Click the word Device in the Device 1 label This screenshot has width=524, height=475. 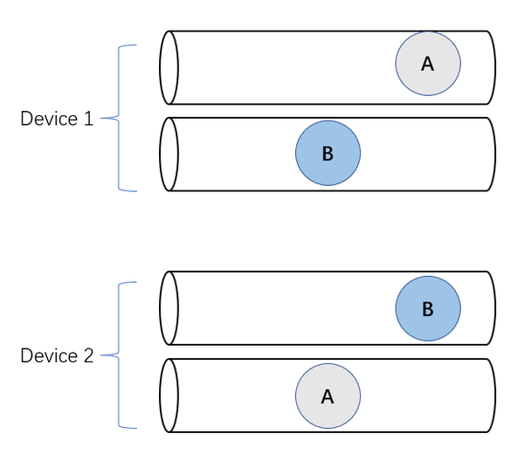point(49,119)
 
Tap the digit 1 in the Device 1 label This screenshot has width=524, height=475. point(88,119)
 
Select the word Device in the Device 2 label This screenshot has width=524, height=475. point(49,355)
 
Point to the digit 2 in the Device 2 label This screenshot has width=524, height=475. point(88,355)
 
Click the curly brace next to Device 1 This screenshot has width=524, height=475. point(120,119)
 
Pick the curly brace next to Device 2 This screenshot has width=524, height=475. point(120,355)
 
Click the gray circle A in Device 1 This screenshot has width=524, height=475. point(428,64)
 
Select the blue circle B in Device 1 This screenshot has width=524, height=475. point(327,154)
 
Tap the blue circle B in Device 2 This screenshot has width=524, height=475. point(428,308)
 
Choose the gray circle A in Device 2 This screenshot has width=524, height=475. point(327,396)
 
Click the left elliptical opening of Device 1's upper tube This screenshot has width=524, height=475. point(169,67)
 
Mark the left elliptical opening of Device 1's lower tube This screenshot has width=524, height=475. point(169,155)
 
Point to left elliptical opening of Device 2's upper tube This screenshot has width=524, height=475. point(169,308)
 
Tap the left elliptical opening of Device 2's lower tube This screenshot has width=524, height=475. point(169,396)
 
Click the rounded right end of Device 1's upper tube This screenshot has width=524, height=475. point(491,67)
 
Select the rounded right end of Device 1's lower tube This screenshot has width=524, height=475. point(491,155)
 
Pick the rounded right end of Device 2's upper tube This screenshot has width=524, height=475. point(491,308)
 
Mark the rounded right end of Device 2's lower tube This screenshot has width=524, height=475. point(491,396)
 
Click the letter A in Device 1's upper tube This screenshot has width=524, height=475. point(427,64)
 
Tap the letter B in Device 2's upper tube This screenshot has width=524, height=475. point(427,309)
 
